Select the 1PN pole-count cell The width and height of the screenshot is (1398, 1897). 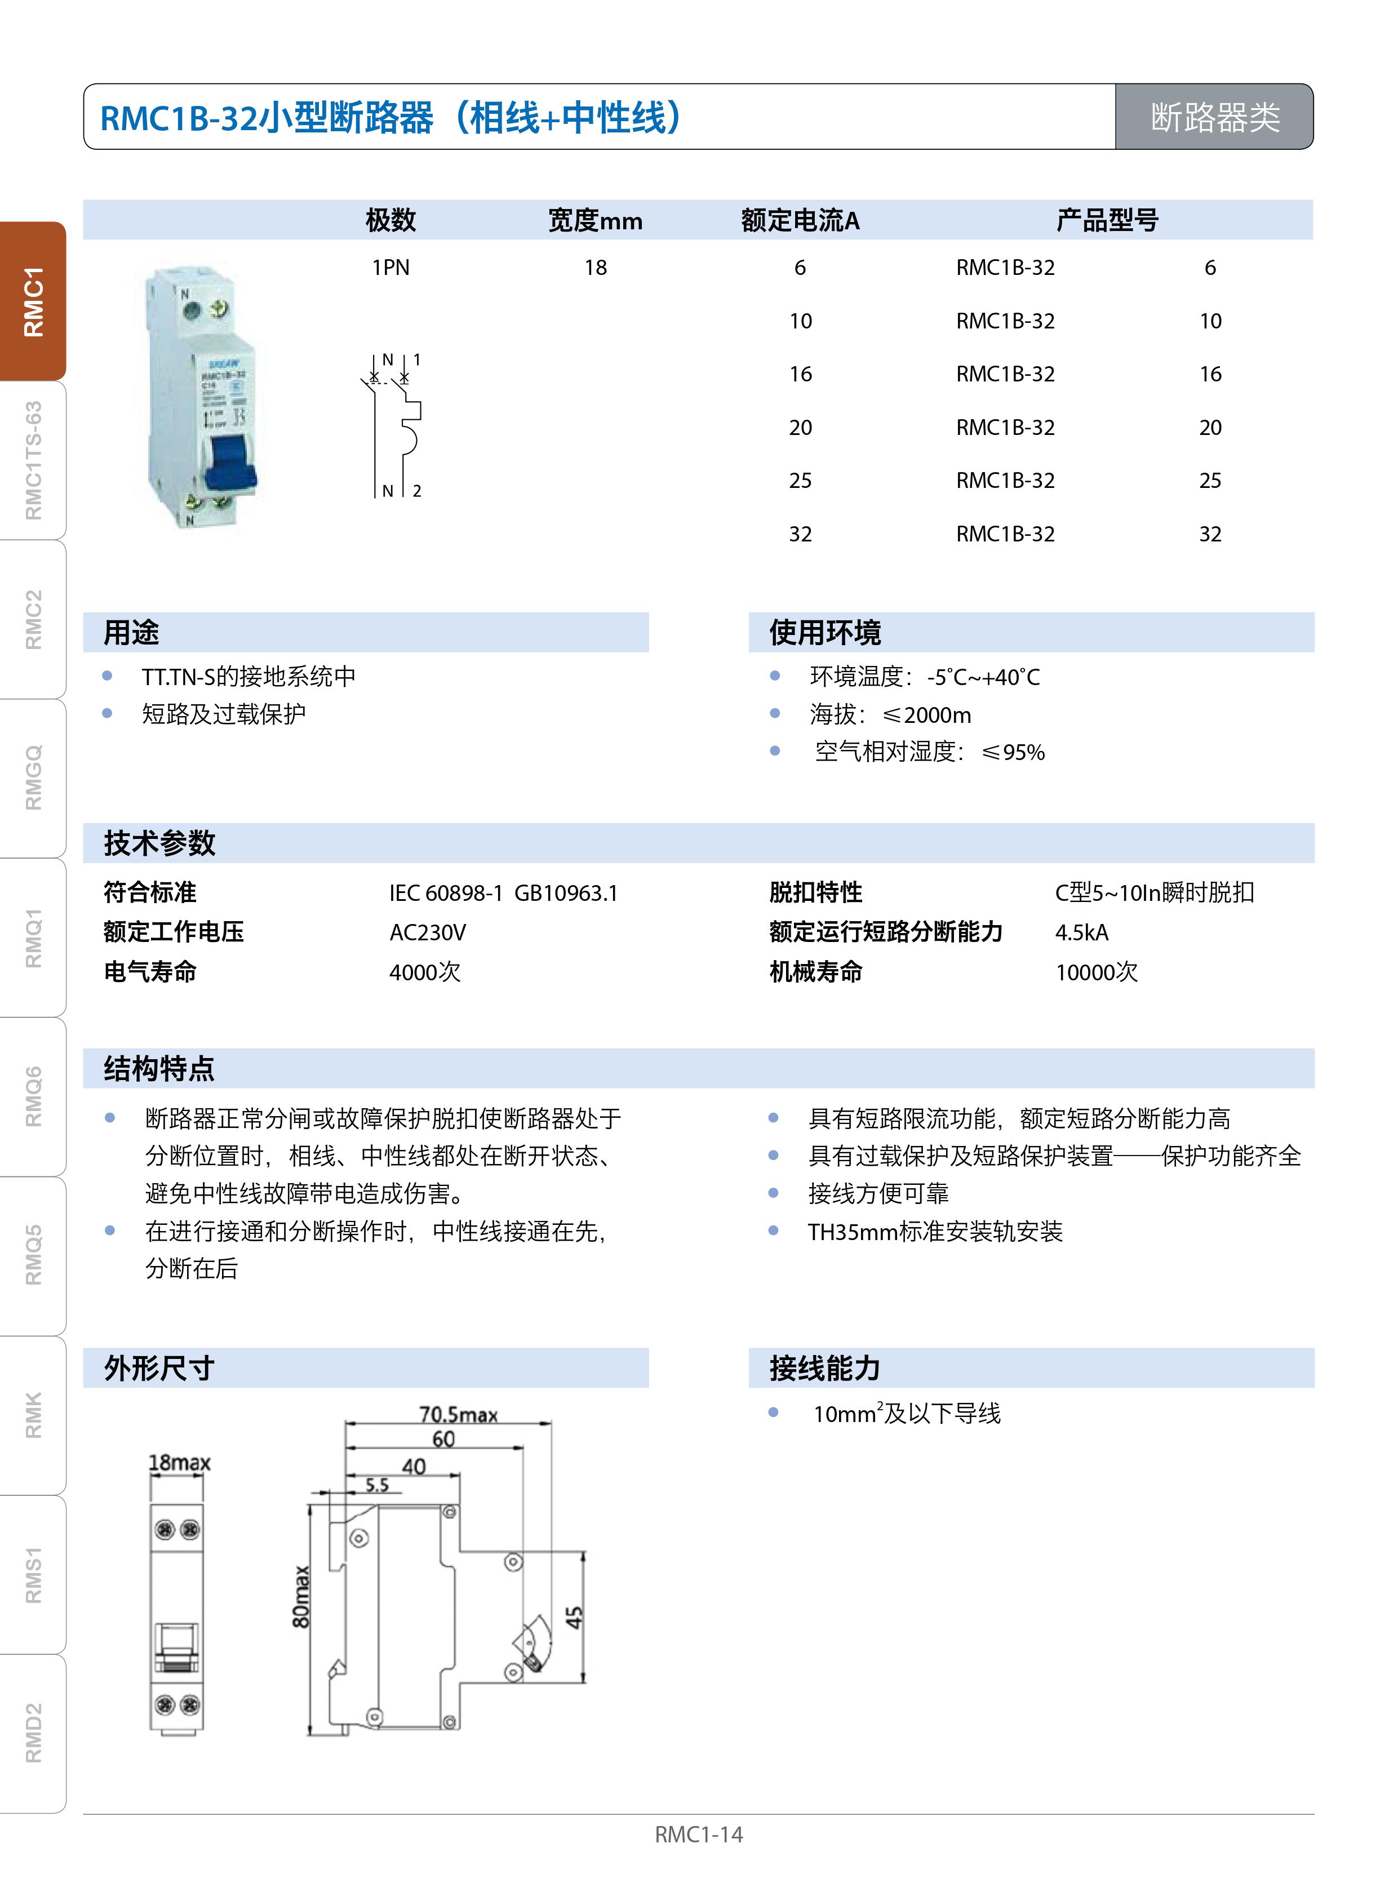click(x=390, y=268)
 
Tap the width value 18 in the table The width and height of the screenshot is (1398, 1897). click(x=595, y=268)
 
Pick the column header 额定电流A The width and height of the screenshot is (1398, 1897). click(x=800, y=221)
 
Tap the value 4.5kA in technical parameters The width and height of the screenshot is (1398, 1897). click(x=1081, y=932)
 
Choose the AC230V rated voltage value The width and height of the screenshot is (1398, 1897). click(x=427, y=932)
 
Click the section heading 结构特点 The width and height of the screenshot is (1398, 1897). click(x=159, y=1069)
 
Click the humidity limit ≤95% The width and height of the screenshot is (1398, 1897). click(x=1013, y=752)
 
